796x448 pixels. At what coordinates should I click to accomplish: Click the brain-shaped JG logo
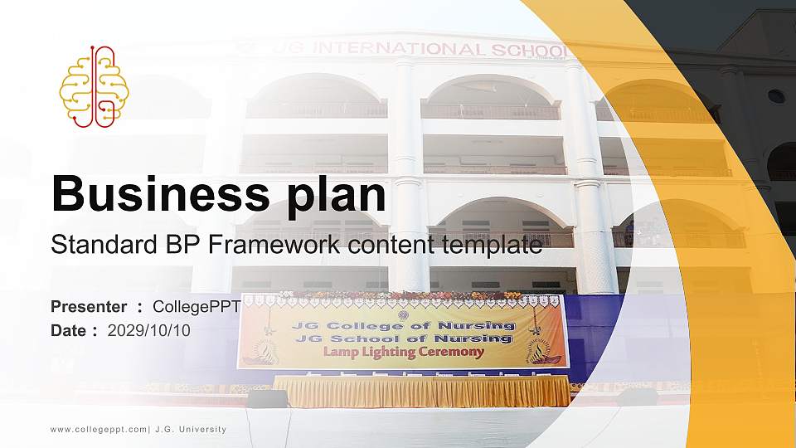(x=94, y=86)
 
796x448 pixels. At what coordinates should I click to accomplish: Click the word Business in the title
(x=153, y=195)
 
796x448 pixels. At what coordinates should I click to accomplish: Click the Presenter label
(x=89, y=307)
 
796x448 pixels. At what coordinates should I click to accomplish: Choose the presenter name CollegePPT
(x=197, y=307)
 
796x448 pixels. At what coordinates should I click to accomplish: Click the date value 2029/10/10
(x=149, y=330)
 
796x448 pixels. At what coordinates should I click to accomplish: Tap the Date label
(x=69, y=330)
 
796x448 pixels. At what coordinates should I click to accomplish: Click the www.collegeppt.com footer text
(x=98, y=429)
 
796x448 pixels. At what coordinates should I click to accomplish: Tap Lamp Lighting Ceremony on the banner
(x=403, y=352)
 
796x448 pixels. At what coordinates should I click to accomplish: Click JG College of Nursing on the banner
(x=403, y=325)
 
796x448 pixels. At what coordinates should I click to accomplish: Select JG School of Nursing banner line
(x=403, y=338)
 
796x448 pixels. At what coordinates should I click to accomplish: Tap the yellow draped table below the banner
(x=421, y=391)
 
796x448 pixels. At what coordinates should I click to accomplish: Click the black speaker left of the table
(x=267, y=398)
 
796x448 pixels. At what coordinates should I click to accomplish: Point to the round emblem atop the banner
(x=403, y=314)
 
